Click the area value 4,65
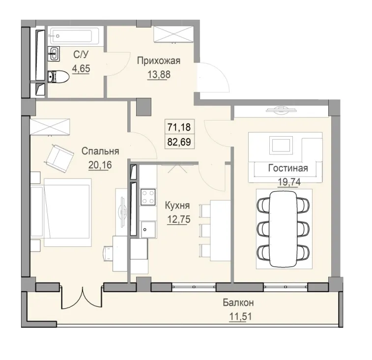pyautogui.click(x=81, y=69)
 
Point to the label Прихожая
pyautogui.click(x=159, y=61)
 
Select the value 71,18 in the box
pyautogui.click(x=179, y=128)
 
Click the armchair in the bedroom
pyautogui.click(x=58, y=155)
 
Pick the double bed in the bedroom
pyautogui.click(x=63, y=211)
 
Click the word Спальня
pyautogui.click(x=101, y=151)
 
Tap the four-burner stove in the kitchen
pyautogui.click(x=148, y=197)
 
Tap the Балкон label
pyautogui.click(x=238, y=303)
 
